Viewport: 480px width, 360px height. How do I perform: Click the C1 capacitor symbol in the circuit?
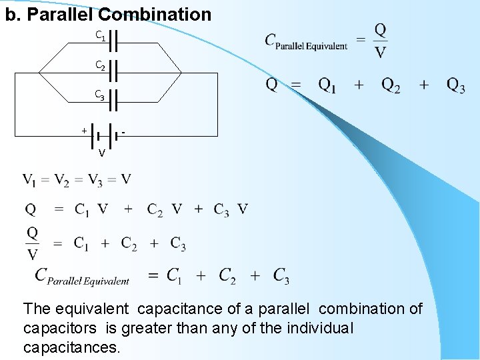click(x=113, y=40)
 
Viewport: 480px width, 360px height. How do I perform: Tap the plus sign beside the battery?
click(x=84, y=130)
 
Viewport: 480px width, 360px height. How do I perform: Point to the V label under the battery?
click(x=101, y=153)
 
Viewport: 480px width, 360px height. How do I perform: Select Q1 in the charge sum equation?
click(x=327, y=85)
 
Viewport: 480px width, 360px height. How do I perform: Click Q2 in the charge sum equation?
click(x=391, y=85)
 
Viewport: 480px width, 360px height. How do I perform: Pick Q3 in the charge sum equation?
click(x=455, y=85)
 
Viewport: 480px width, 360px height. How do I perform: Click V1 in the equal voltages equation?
click(x=31, y=180)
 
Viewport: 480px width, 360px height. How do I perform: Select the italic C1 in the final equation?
click(x=174, y=275)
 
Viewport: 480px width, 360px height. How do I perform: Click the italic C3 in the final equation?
click(x=281, y=275)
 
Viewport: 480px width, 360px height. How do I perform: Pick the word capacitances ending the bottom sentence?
click(x=71, y=347)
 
